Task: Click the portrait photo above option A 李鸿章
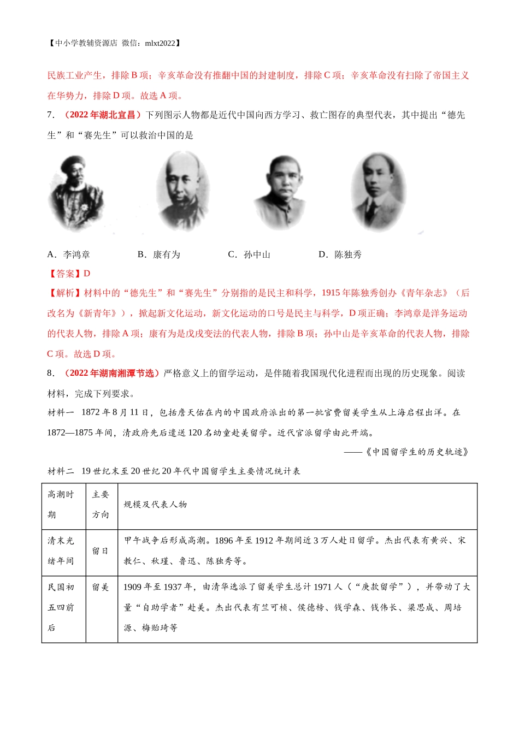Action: point(76,193)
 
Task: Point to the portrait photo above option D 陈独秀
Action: point(378,191)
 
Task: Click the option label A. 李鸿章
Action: point(69,254)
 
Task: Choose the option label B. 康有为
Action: point(159,254)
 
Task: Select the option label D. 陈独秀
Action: point(340,254)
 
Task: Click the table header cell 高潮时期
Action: point(63,505)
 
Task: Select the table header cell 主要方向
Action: point(101,505)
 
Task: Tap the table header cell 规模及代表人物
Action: point(156,505)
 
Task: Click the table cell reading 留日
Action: point(101,551)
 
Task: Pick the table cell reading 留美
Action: point(101,587)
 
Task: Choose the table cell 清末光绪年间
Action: point(61,551)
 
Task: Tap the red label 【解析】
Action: point(65,293)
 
